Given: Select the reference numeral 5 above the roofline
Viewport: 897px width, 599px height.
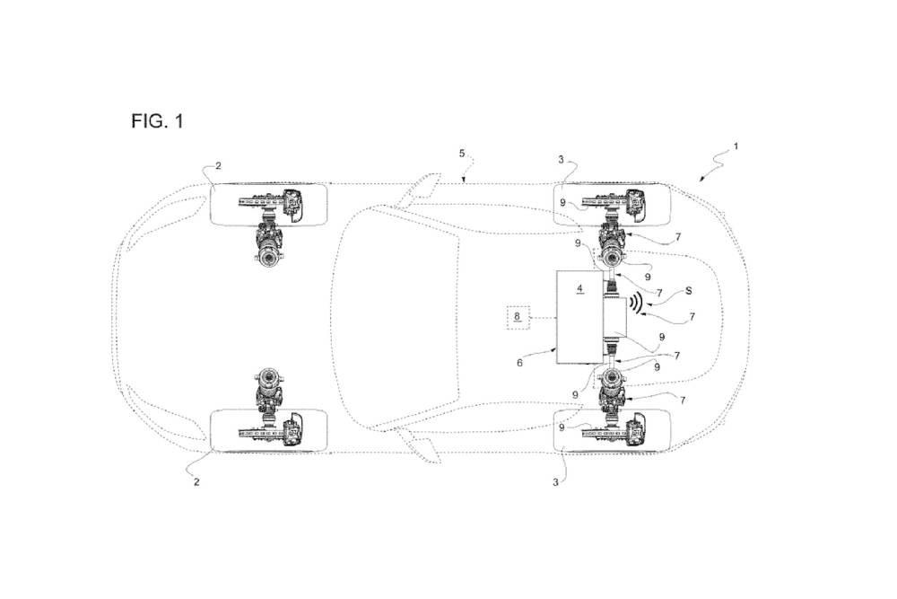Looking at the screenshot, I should click(x=462, y=154).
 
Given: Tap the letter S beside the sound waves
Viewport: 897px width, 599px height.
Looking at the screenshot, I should click(x=688, y=291).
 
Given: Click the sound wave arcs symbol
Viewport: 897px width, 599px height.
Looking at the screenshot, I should click(x=635, y=304).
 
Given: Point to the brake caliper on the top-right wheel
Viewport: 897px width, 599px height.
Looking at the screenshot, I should click(x=636, y=206).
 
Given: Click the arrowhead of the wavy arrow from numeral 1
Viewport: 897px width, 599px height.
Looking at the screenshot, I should click(x=700, y=179).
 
